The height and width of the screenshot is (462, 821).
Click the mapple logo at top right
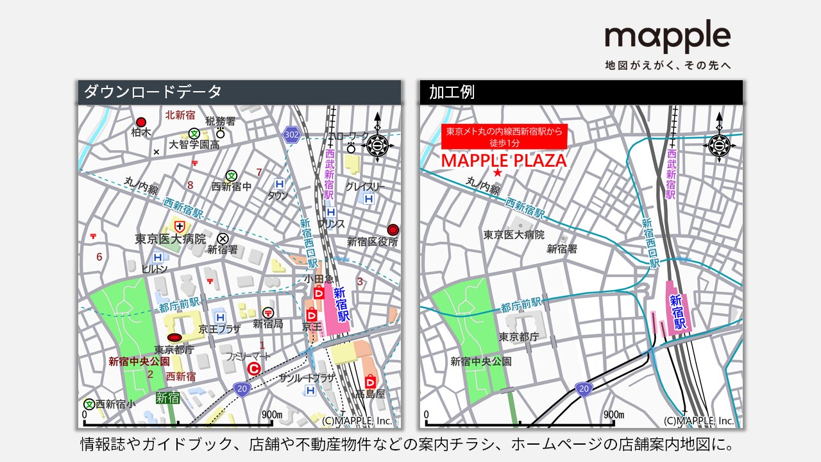tap(668, 38)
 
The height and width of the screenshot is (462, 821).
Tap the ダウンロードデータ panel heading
tap(153, 92)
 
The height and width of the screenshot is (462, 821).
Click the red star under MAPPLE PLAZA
tap(496, 173)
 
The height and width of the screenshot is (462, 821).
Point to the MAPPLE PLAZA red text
tap(504, 160)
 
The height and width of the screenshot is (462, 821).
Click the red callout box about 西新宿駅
tap(504, 136)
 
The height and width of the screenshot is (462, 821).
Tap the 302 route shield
tap(291, 134)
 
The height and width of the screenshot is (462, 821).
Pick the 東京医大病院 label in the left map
tap(171, 239)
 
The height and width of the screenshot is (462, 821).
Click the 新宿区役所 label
tap(373, 242)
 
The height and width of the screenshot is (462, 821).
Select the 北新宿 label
tap(180, 115)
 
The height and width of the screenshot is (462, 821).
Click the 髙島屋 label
tap(371, 394)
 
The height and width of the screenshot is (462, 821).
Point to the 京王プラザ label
tap(219, 329)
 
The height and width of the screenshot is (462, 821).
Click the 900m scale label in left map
tap(273, 414)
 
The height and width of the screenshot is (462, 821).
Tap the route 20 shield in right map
tap(583, 389)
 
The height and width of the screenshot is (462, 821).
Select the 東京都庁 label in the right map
tap(519, 336)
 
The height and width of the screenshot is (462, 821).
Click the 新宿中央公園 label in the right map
tap(481, 361)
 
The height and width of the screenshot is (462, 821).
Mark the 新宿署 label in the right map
tap(562, 249)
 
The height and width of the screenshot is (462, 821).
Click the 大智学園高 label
tap(194, 145)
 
